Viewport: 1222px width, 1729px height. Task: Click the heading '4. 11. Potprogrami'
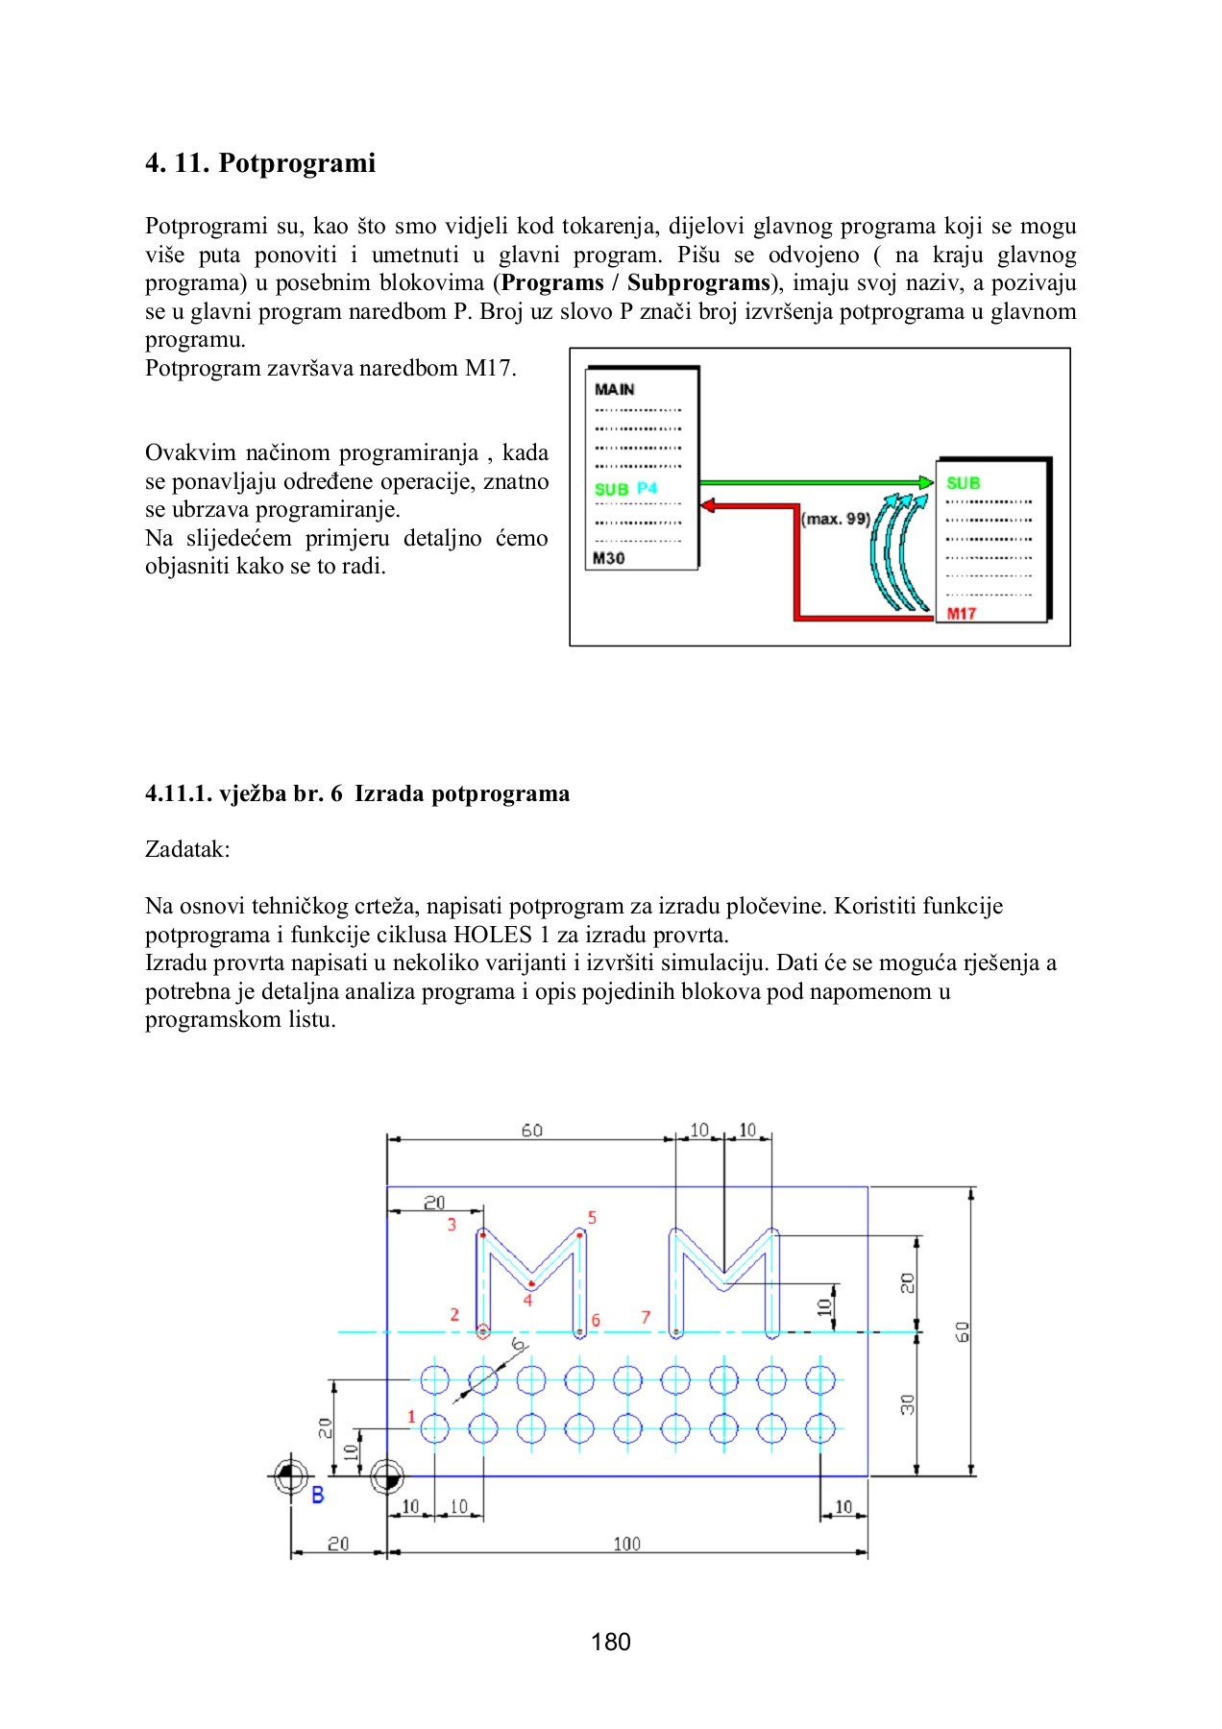coord(259,163)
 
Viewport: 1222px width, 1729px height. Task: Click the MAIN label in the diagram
coord(614,389)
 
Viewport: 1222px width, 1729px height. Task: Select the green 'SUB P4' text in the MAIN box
coord(625,489)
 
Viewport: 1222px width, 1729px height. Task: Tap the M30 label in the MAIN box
coord(608,558)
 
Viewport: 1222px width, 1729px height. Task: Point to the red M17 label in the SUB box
coord(961,614)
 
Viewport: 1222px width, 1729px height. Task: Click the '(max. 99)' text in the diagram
coord(835,519)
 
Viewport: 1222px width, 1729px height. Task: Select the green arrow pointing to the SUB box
coord(817,482)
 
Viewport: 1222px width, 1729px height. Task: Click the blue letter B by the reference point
coord(318,1495)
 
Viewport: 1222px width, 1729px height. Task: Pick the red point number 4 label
coord(527,1301)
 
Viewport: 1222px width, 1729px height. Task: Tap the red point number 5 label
coord(592,1218)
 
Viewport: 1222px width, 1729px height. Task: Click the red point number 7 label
coord(646,1318)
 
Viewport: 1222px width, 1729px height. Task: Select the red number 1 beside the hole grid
coord(411,1417)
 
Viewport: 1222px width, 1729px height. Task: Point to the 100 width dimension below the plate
coord(626,1544)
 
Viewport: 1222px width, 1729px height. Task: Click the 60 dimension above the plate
coord(531,1131)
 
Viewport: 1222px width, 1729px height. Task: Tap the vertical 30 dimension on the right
coord(907,1404)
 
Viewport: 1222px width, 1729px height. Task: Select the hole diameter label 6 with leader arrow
coord(519,1345)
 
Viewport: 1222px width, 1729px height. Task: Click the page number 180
coord(611,1642)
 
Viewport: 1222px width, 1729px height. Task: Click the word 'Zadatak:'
coord(187,849)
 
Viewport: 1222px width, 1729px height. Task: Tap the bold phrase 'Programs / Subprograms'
coord(636,282)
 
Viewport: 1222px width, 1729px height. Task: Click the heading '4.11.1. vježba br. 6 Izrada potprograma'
coord(357,793)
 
